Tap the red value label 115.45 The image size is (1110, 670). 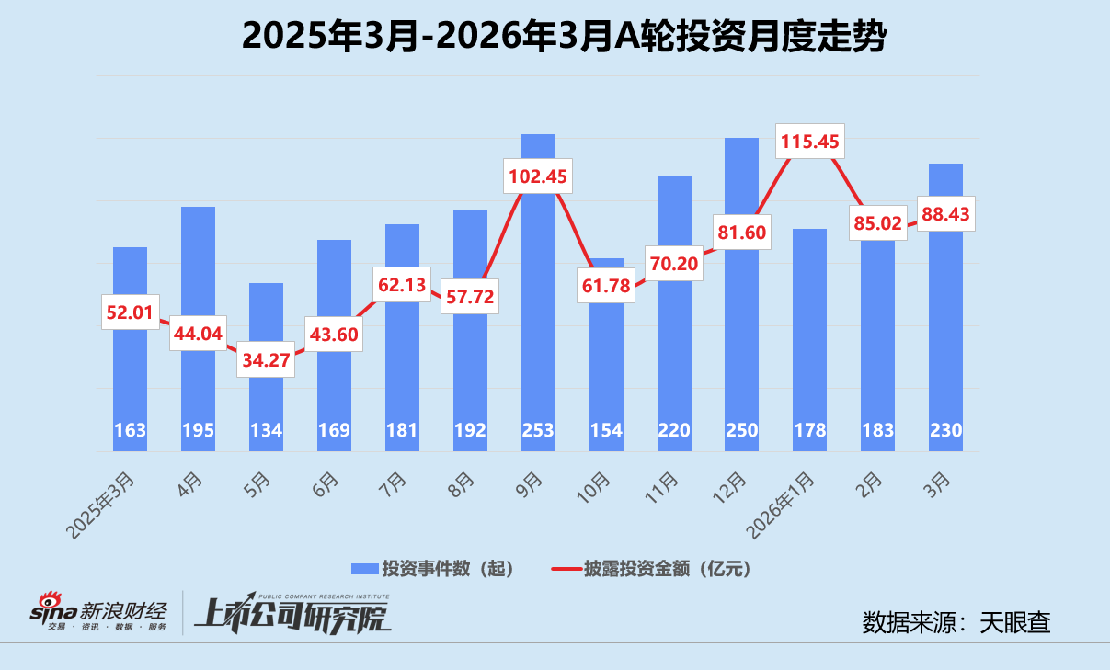[x=810, y=142]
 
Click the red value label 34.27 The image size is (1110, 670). [x=266, y=360]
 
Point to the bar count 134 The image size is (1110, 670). [x=266, y=431]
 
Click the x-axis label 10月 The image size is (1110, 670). [x=595, y=483]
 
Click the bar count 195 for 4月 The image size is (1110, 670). [x=198, y=431]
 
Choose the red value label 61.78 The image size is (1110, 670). [x=606, y=287]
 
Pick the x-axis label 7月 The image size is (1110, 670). [x=394, y=482]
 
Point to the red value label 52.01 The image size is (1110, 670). [x=130, y=312]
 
